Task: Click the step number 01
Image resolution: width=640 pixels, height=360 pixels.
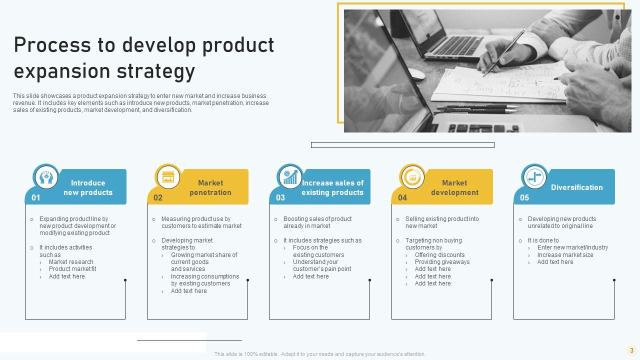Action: tap(36, 197)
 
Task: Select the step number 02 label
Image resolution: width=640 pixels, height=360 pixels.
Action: tap(158, 197)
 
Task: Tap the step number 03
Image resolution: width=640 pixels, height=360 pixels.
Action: tap(280, 197)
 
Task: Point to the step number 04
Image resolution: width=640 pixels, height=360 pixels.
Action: tap(402, 197)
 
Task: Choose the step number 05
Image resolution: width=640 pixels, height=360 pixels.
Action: tap(524, 197)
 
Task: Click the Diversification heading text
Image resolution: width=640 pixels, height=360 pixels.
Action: tap(576, 187)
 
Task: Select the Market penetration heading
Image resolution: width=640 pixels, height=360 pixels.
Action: tap(210, 187)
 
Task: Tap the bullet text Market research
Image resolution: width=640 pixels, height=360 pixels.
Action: tap(71, 262)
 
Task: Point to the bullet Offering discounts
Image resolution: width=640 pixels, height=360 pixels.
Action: tap(439, 255)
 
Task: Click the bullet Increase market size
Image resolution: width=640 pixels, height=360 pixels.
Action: tap(565, 255)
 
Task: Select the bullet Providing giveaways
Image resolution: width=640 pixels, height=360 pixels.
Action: tap(442, 262)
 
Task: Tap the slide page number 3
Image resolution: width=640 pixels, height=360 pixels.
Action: tap(631, 350)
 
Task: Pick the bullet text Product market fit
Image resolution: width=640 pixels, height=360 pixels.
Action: tap(72, 269)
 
